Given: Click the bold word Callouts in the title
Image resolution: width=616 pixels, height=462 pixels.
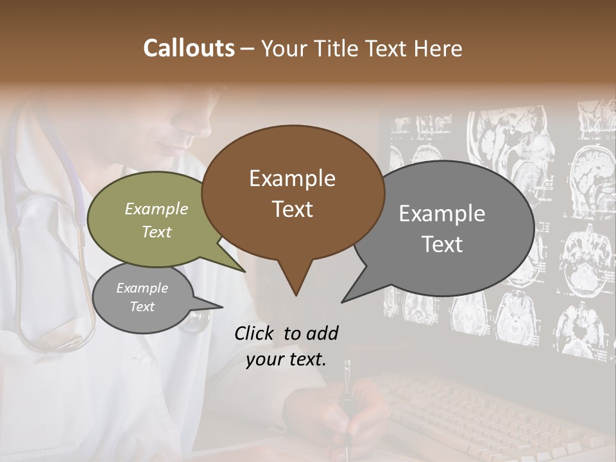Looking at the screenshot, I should pyautogui.click(x=189, y=48).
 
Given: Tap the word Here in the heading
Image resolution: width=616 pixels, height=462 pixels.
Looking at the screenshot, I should pyautogui.click(x=439, y=48).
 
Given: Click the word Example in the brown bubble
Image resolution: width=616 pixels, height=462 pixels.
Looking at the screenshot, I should pyautogui.click(x=292, y=178).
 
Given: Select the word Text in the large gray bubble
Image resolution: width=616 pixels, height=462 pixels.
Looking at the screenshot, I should pyautogui.click(x=442, y=244).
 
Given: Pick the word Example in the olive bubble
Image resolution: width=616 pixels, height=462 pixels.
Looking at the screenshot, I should pyautogui.click(x=157, y=209).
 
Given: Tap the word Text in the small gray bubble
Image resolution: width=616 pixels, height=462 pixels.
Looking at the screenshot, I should pyautogui.click(x=142, y=307).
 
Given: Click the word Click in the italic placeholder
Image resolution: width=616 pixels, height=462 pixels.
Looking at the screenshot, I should pyautogui.click(x=255, y=333).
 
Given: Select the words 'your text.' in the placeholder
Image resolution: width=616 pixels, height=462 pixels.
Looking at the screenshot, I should pyautogui.click(x=286, y=359).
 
